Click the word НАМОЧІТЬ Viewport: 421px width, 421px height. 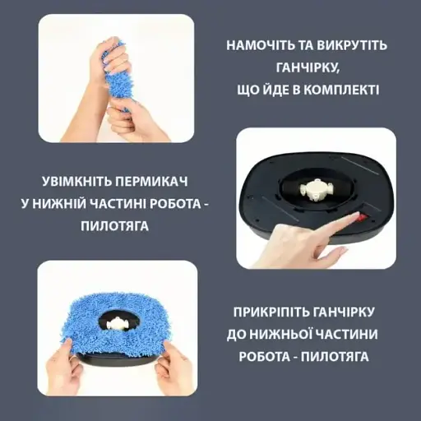click(x=261, y=46)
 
